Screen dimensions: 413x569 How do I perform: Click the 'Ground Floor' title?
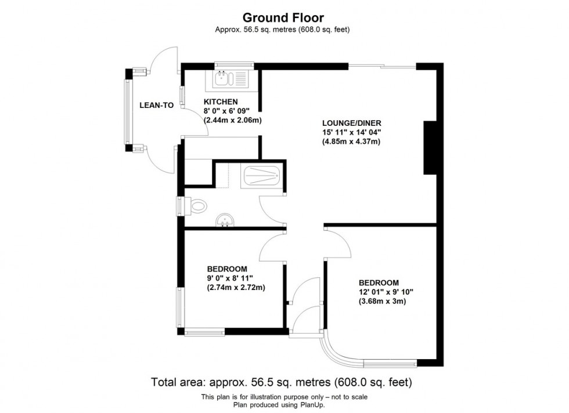pos(284,18)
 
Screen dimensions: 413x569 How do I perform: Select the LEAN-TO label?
pos(156,106)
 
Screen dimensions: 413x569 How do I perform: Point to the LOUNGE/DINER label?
pos(351,123)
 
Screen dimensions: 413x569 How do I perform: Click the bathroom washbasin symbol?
pos(225,220)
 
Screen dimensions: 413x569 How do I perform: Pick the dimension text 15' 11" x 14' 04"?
pos(351,132)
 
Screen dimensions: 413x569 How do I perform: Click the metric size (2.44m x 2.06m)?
pos(233,120)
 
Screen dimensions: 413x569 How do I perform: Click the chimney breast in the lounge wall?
pos(430,147)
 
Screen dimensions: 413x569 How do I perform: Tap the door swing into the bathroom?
pos(271,209)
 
